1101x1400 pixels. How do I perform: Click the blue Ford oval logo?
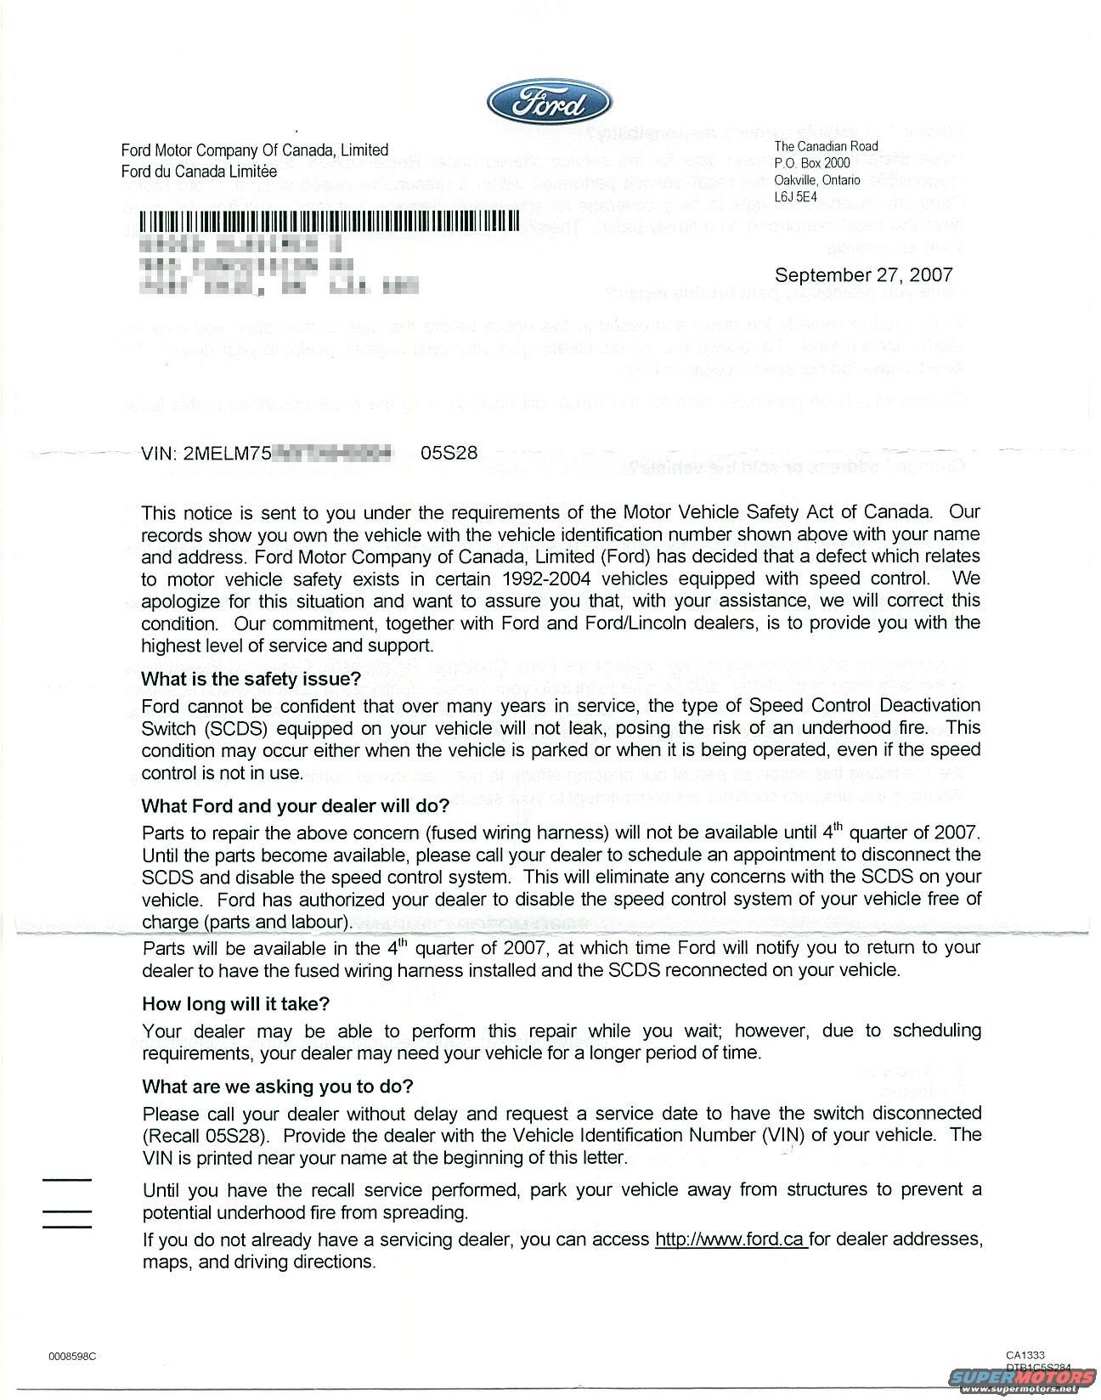tap(549, 104)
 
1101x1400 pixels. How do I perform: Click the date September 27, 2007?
tap(863, 274)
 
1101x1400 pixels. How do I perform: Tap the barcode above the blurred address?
tap(328, 220)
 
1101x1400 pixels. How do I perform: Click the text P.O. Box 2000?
tap(811, 163)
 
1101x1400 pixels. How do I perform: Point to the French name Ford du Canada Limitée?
tap(199, 171)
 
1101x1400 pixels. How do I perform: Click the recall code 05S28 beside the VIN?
tap(449, 453)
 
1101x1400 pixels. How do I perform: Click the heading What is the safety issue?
tap(251, 679)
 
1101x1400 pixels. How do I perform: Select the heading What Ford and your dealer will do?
tap(295, 805)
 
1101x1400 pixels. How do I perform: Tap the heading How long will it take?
tap(235, 1003)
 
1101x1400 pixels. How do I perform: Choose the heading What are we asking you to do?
tap(278, 1087)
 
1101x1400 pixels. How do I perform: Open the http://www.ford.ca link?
tap(731, 1239)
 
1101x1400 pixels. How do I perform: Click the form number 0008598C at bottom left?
tap(72, 1356)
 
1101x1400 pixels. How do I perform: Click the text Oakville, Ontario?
tap(816, 180)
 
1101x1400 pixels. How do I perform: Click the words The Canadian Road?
tap(826, 146)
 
